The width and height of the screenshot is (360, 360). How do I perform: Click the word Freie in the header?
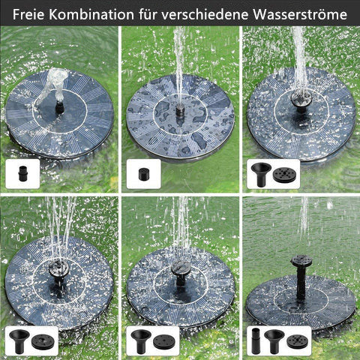coord(28,14)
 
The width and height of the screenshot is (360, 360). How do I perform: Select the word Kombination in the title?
coord(91,14)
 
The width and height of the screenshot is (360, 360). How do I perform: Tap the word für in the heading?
coord(148,14)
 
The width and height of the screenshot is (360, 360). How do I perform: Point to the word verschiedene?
coord(205,14)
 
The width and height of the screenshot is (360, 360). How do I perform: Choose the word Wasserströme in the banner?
coord(300,14)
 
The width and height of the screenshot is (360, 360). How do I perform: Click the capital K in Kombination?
coord(53,14)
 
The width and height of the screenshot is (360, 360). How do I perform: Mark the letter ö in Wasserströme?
coord(319,14)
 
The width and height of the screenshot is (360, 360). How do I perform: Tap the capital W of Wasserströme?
coord(260,14)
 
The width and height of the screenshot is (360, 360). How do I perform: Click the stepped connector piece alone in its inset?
coord(22,173)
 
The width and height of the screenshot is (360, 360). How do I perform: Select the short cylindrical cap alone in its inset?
coord(144,174)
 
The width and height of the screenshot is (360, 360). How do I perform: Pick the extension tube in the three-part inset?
coord(256,341)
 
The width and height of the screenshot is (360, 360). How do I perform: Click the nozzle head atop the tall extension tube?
coord(301,261)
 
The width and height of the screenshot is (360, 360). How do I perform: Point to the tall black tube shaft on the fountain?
coord(301,283)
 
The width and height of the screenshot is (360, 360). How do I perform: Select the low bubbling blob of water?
coord(55,84)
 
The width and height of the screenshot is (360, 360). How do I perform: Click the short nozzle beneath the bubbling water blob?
coord(59,107)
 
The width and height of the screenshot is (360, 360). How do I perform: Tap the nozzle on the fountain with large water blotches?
coord(180,112)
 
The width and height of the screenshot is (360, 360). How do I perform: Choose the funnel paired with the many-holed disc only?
coord(260,175)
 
